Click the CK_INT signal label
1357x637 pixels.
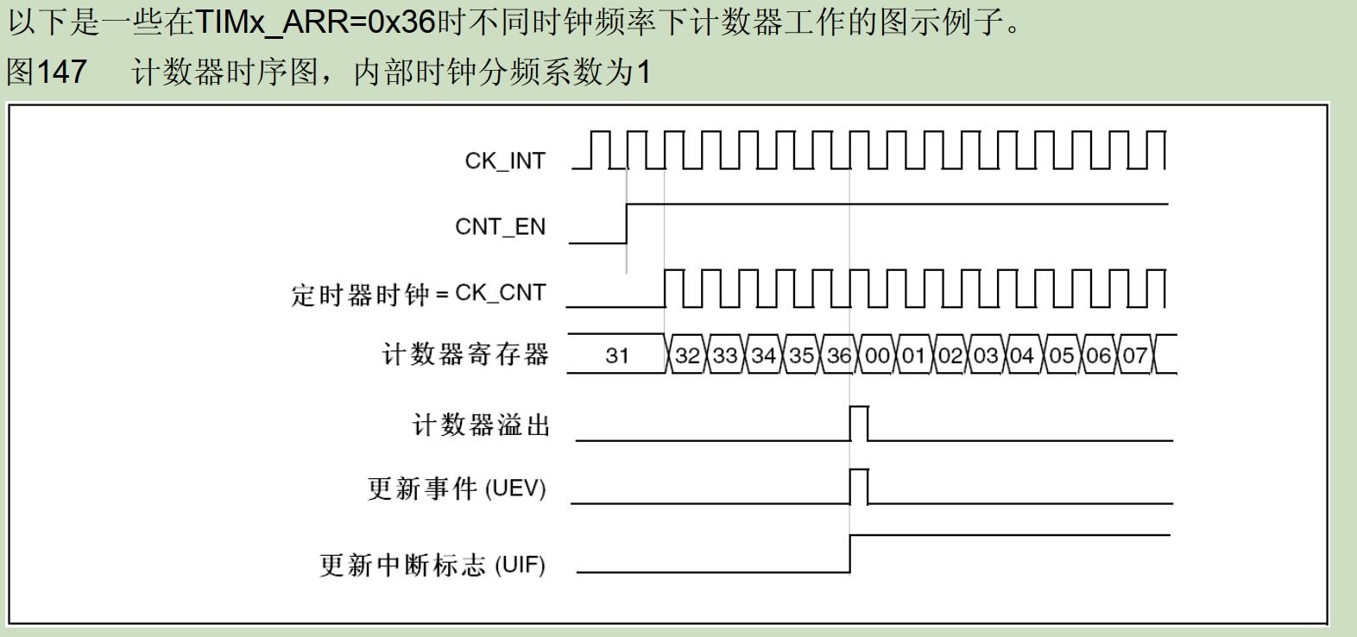(x=505, y=161)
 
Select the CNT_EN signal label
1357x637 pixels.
(x=501, y=227)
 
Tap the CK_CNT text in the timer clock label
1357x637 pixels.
(x=501, y=293)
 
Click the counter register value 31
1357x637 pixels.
(x=617, y=356)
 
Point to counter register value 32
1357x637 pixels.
(x=688, y=356)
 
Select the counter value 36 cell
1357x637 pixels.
(x=839, y=356)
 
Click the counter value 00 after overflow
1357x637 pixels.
(x=877, y=356)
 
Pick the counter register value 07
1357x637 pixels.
(x=1135, y=356)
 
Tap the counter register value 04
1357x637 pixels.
(x=1022, y=356)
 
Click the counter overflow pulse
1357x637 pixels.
(x=859, y=407)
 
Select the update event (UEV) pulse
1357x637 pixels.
(x=859, y=470)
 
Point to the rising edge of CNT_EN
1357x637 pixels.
(x=627, y=224)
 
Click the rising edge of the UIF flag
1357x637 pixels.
(x=850, y=553)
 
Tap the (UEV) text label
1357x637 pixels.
(x=515, y=489)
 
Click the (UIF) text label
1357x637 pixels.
(x=520, y=565)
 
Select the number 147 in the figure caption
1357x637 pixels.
(x=62, y=72)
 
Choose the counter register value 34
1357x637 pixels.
(x=763, y=356)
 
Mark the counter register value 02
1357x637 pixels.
(x=950, y=356)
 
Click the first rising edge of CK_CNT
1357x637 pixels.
(x=666, y=289)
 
